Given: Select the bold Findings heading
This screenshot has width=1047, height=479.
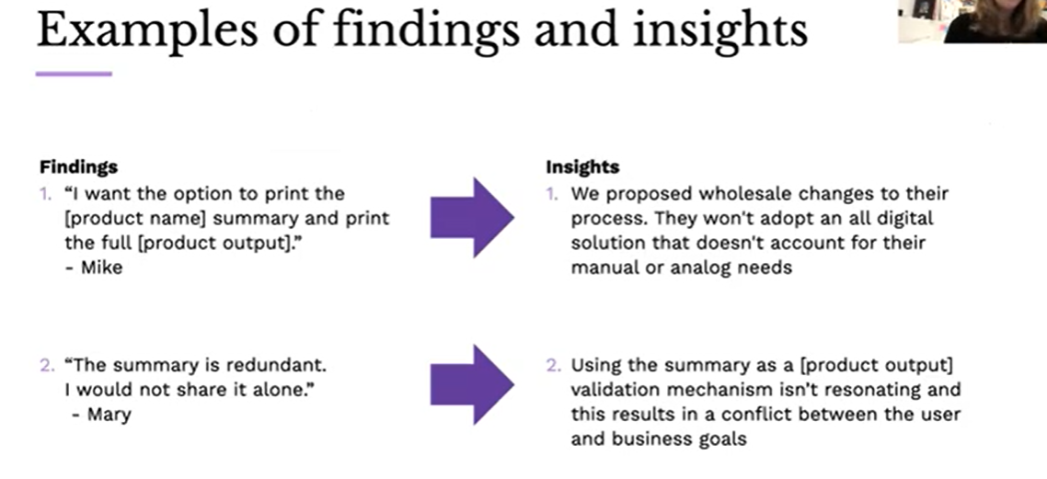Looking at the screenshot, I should click(x=78, y=167).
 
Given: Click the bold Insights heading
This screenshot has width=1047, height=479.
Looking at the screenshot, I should click(x=582, y=167).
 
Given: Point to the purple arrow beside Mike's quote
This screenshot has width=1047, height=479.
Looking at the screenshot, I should click(x=473, y=219).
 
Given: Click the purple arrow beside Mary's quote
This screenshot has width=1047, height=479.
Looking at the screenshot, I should click(x=473, y=384).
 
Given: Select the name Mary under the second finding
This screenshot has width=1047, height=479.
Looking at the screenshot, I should click(x=109, y=415).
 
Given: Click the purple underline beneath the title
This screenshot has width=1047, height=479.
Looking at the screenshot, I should click(x=74, y=74).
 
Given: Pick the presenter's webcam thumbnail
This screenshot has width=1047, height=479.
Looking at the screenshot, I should click(x=972, y=21).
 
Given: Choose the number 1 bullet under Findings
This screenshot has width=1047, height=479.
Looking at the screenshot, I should click(x=45, y=194).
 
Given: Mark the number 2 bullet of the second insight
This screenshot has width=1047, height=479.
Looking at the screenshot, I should click(x=552, y=365).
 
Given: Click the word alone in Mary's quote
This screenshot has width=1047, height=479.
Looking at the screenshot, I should click(x=276, y=390).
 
